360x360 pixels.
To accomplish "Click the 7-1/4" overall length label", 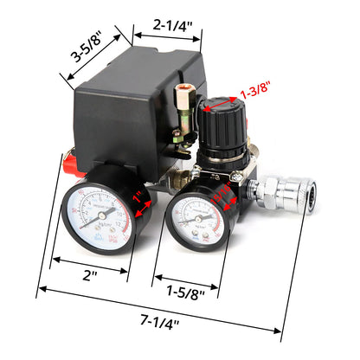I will click(158, 325).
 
